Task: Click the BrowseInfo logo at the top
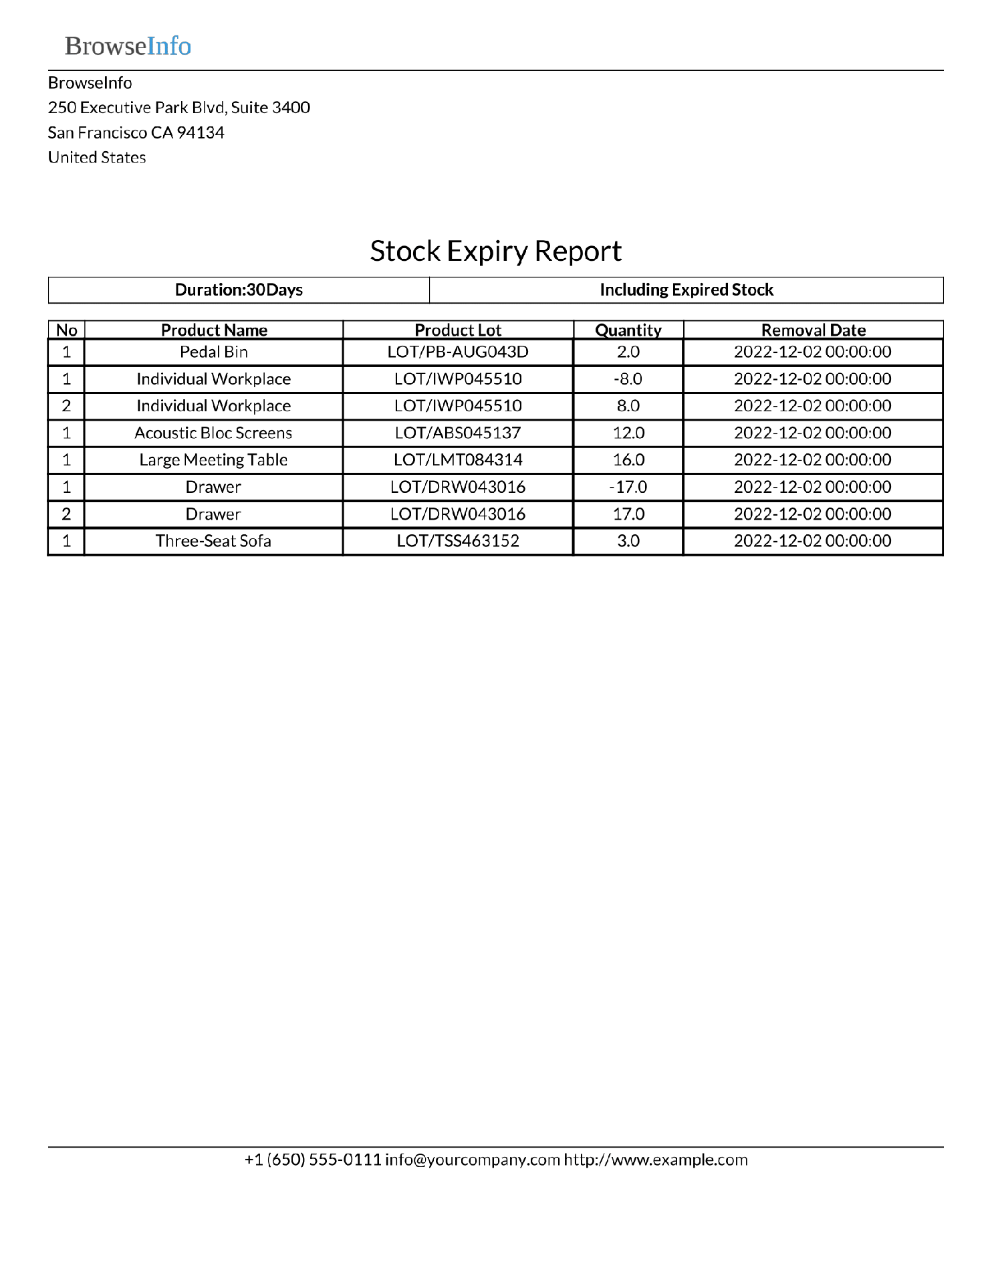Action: click(128, 46)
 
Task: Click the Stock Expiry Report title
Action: click(495, 251)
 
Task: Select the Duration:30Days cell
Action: click(239, 290)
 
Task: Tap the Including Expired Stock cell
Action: click(686, 290)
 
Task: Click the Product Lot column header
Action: click(458, 330)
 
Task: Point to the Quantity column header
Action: click(628, 330)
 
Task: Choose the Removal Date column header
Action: click(813, 330)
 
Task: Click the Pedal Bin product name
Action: click(213, 352)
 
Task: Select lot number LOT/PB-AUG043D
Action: click(458, 352)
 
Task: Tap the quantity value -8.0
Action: click(628, 379)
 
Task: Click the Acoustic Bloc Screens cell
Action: click(213, 433)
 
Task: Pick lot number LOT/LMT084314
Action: click(458, 460)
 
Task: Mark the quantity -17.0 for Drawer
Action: click(628, 488)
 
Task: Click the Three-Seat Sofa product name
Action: click(213, 541)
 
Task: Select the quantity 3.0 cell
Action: click(628, 541)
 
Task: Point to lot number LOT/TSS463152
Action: click(458, 541)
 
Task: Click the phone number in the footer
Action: click(312, 1160)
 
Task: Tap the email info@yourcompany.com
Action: click(472, 1160)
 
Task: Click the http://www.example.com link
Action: click(655, 1160)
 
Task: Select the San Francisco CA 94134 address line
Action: click(136, 133)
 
